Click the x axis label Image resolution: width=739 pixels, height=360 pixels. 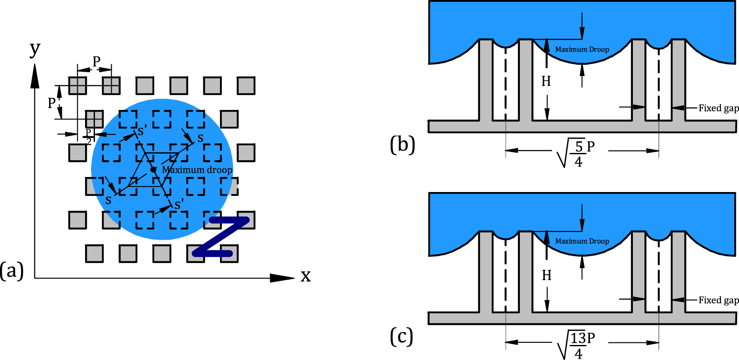click(x=305, y=275)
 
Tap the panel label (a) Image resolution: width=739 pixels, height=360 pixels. click(x=12, y=271)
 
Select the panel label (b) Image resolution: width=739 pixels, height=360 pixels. click(x=403, y=145)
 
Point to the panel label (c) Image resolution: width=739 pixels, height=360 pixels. click(x=402, y=336)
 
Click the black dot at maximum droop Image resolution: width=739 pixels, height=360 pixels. click(x=153, y=170)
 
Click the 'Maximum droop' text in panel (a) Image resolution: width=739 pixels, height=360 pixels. click(x=197, y=170)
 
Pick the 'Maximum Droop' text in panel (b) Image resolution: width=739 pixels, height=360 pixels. click(x=582, y=49)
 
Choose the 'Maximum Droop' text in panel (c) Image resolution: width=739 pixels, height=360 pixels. click(x=582, y=241)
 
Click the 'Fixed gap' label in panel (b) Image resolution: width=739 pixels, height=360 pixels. click(x=718, y=108)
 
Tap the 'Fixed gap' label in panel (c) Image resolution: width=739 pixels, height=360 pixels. click(x=718, y=300)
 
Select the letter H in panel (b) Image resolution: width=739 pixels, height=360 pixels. click(x=546, y=81)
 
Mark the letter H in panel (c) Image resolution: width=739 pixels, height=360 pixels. click(x=547, y=275)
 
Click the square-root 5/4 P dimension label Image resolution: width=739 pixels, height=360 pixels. click(x=576, y=153)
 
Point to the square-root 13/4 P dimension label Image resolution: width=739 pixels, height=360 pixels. click(x=576, y=345)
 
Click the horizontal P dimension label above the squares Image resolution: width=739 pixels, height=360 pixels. click(x=97, y=61)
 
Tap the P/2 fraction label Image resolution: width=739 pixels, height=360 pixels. click(x=89, y=137)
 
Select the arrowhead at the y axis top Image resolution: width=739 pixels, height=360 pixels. click(x=35, y=76)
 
